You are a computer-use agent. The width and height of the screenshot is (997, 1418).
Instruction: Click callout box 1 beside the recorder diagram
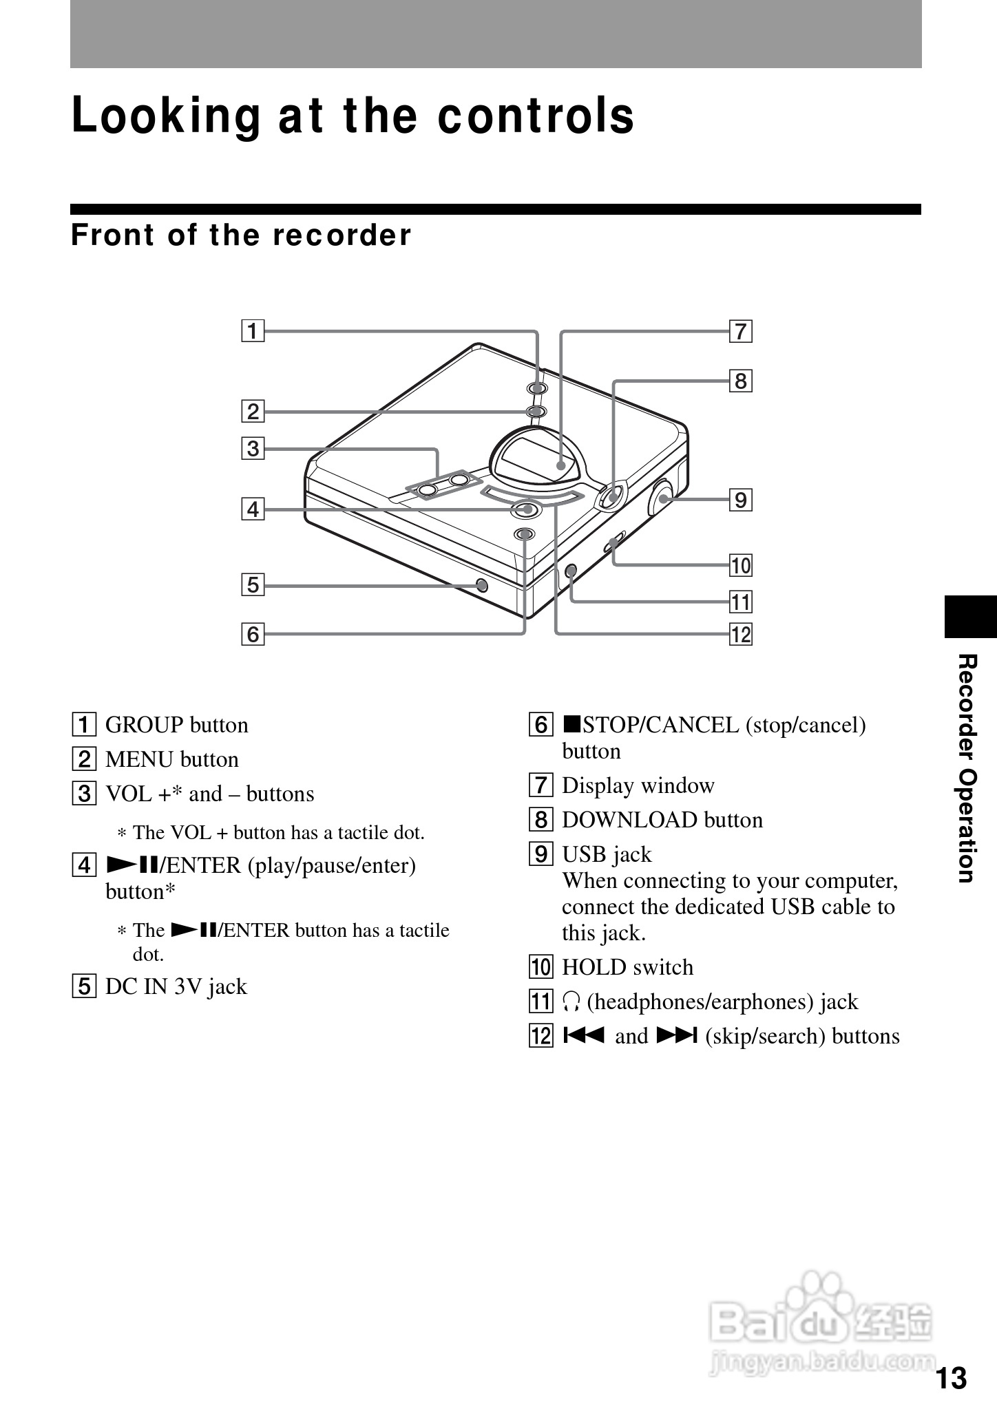click(x=253, y=332)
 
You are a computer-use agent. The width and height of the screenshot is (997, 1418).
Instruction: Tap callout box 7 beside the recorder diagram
click(x=741, y=332)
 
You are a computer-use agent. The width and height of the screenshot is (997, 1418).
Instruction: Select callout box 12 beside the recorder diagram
click(x=741, y=634)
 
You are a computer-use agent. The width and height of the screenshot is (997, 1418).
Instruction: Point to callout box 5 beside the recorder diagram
click(x=253, y=585)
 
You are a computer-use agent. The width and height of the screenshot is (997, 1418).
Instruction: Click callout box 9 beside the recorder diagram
click(x=741, y=500)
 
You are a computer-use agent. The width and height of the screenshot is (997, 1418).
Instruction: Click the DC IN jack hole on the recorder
click(x=482, y=585)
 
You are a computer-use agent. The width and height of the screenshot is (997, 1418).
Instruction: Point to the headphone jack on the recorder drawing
click(x=570, y=571)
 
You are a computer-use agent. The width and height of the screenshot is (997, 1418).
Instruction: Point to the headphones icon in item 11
click(x=571, y=1002)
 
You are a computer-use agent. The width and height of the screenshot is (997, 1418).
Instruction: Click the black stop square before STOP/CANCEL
click(x=572, y=724)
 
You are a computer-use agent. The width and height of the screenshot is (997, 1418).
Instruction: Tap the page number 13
click(x=951, y=1379)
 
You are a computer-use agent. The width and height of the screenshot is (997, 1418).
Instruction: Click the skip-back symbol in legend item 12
click(x=583, y=1036)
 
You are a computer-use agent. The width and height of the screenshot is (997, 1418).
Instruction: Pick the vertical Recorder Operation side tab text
click(x=967, y=768)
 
